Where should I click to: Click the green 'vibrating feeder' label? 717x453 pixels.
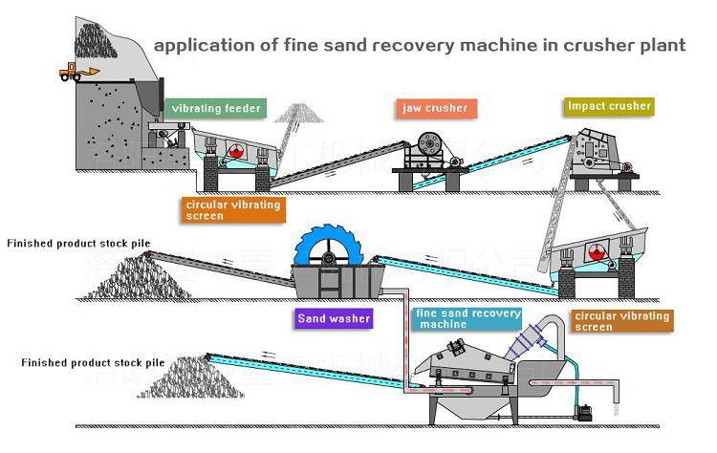tap(215, 109)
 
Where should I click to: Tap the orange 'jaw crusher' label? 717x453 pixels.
tap(434, 108)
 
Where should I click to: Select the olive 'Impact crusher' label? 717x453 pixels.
tap(609, 106)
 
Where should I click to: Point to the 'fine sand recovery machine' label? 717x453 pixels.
tap(467, 319)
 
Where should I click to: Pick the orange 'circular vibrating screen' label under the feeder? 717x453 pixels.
tap(232, 210)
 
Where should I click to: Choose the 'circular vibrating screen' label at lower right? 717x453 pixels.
tap(621, 321)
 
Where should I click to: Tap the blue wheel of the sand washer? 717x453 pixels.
tap(328, 246)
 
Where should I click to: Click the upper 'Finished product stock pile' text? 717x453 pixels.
tap(78, 244)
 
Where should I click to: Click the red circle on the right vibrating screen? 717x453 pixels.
tap(598, 251)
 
